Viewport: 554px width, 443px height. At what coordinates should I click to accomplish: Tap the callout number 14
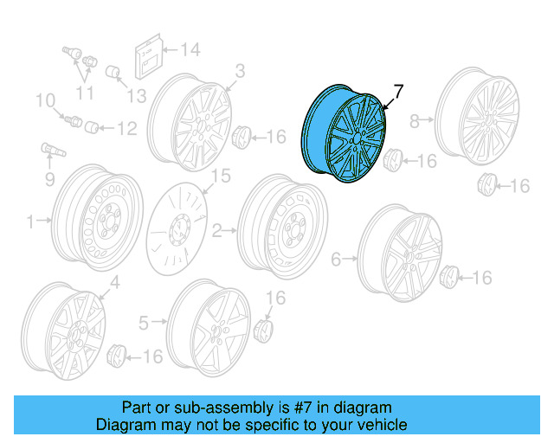coord(190,49)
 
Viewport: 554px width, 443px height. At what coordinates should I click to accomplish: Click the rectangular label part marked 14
coord(147,58)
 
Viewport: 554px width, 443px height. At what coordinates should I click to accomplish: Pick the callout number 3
coord(240,69)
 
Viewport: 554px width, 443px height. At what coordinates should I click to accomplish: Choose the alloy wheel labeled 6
coord(399,252)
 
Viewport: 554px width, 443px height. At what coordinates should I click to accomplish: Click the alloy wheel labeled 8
coord(478,121)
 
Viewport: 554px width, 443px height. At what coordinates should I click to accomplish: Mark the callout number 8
coord(415,119)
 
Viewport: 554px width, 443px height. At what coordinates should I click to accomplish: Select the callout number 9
coord(49,180)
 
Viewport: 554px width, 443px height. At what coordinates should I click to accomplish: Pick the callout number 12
coord(126,129)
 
